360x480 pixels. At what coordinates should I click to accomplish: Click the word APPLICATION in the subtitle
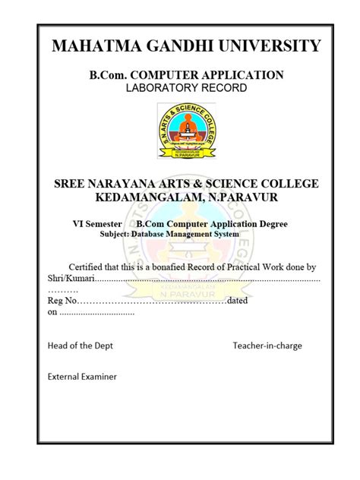click(x=247, y=74)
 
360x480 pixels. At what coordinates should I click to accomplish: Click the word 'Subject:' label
click(x=115, y=235)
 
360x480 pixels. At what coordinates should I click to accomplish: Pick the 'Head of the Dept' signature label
click(x=80, y=346)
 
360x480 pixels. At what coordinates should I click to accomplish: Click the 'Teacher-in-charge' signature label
click(x=267, y=346)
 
